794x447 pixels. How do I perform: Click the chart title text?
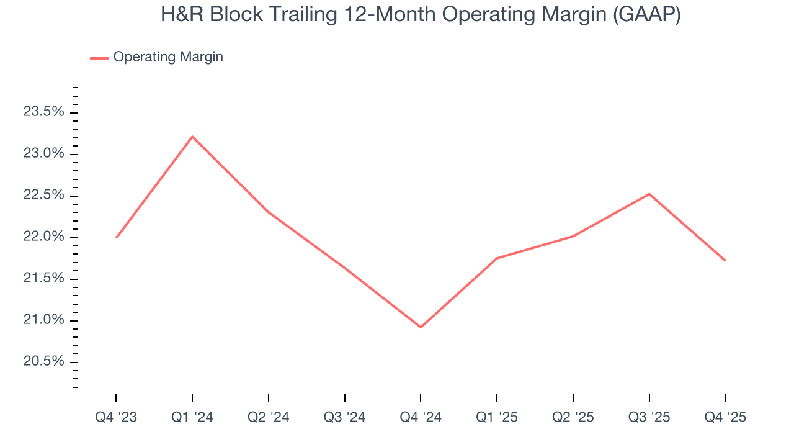click(x=421, y=15)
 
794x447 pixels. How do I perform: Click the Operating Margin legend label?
click(x=167, y=57)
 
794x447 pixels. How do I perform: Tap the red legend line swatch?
click(x=99, y=58)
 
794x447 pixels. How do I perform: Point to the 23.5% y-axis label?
click(x=43, y=112)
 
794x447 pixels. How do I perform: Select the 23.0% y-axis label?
click(x=43, y=153)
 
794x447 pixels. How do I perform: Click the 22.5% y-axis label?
click(x=43, y=195)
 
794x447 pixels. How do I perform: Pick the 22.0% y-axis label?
click(x=43, y=237)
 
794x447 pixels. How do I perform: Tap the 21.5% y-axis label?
click(x=43, y=278)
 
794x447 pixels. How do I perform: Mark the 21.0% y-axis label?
click(x=43, y=320)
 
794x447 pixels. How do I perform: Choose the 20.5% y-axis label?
click(x=43, y=361)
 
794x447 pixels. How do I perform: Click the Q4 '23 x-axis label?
click(x=116, y=418)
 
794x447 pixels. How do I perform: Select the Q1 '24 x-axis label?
click(x=192, y=418)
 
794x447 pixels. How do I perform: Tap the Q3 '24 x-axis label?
click(x=344, y=418)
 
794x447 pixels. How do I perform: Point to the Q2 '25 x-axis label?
click(x=573, y=418)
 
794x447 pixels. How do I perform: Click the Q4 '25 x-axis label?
click(x=725, y=418)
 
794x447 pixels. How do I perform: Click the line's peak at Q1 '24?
click(x=192, y=137)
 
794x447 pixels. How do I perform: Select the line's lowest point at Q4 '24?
click(x=421, y=327)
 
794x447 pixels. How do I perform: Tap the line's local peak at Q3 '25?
click(x=649, y=194)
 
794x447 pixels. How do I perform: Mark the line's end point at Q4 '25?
click(x=725, y=260)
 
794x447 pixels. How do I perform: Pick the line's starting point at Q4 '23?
click(x=116, y=238)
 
